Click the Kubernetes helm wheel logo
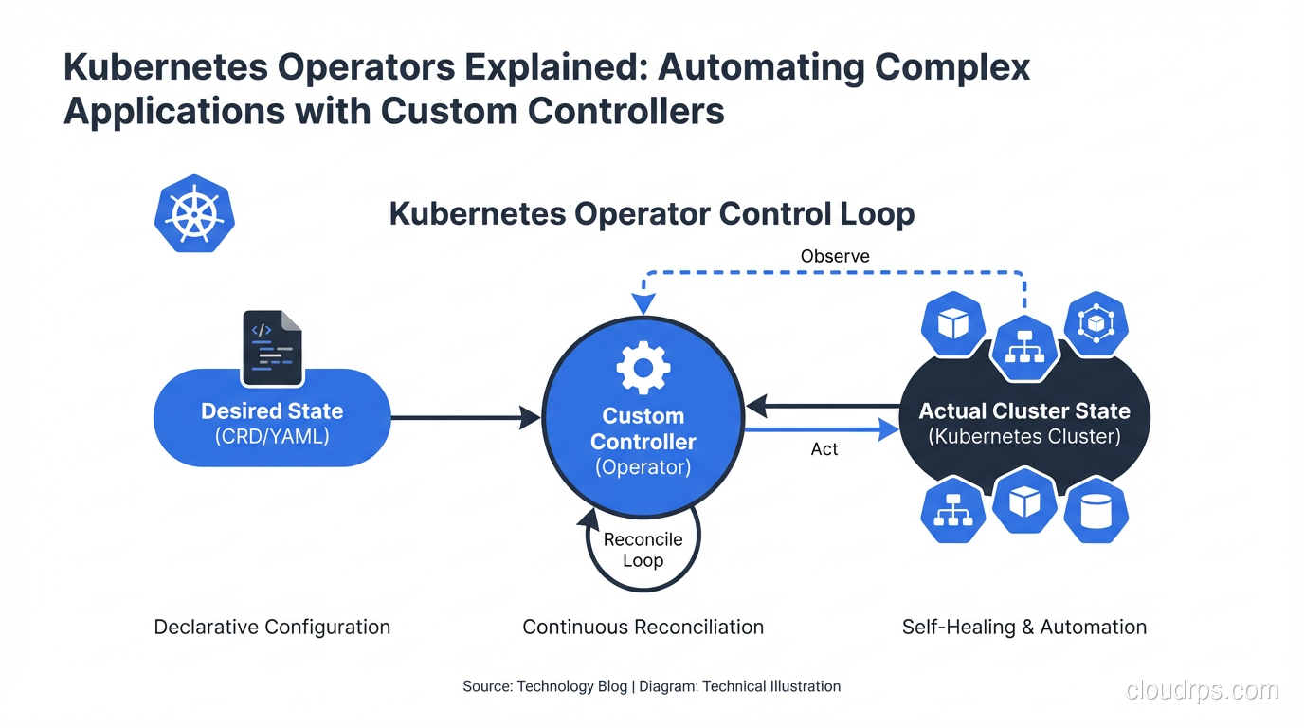click(x=194, y=213)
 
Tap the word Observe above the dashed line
click(x=835, y=256)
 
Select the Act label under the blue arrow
click(x=824, y=449)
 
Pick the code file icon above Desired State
click(x=272, y=348)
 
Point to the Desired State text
click(x=272, y=411)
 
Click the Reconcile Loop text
click(x=643, y=550)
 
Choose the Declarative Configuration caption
click(x=272, y=627)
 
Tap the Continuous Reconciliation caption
click(x=643, y=627)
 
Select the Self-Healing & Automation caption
click(x=1024, y=627)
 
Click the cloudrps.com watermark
click(x=1203, y=690)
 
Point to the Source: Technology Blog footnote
click(x=544, y=686)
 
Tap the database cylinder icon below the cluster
click(x=1096, y=511)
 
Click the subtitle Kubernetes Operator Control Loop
click(x=652, y=213)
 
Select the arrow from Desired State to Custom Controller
click(x=464, y=417)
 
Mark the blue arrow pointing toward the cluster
click(x=821, y=430)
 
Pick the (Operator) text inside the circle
click(x=643, y=467)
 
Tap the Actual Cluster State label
click(x=1024, y=411)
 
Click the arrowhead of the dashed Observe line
click(x=644, y=304)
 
